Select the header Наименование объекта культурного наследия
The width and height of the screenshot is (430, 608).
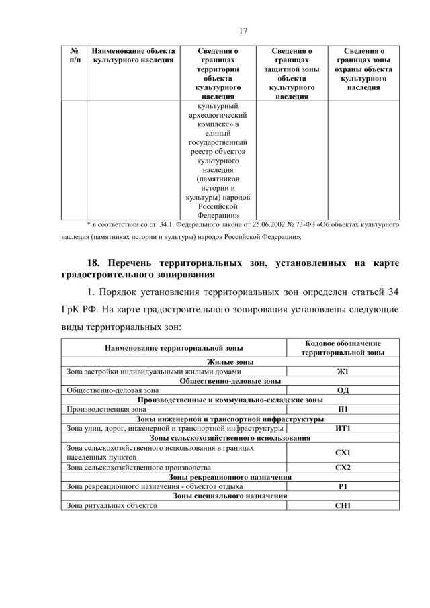point(133,55)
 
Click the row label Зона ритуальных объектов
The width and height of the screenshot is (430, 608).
point(112,505)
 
